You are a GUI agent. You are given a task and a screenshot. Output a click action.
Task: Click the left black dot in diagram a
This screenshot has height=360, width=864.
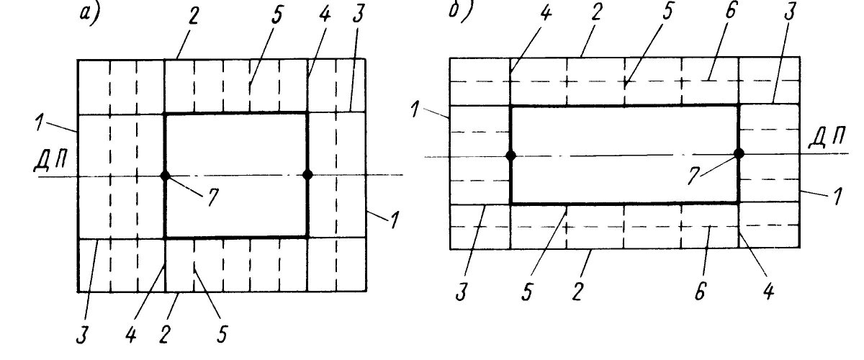pos(165,175)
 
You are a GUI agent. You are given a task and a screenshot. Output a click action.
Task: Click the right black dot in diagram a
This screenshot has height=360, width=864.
pos(308,174)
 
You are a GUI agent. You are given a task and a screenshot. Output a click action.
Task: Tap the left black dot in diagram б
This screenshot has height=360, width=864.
pos(510,156)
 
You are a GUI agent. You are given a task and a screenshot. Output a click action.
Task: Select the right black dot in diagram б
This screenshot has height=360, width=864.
pos(739,153)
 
